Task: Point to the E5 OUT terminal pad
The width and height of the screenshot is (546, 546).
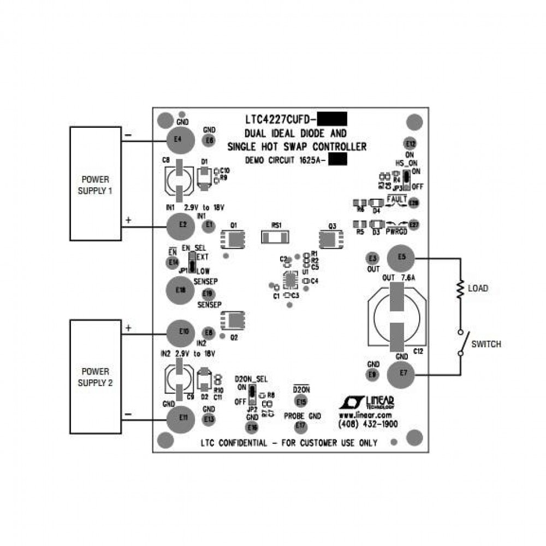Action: (401, 257)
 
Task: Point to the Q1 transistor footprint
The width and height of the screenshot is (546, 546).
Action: (234, 238)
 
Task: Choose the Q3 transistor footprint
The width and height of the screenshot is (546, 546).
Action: (331, 238)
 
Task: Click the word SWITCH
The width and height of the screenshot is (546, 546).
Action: (486, 345)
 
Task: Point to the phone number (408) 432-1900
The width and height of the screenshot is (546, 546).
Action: (367, 424)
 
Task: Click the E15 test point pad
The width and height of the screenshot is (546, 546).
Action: (301, 401)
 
